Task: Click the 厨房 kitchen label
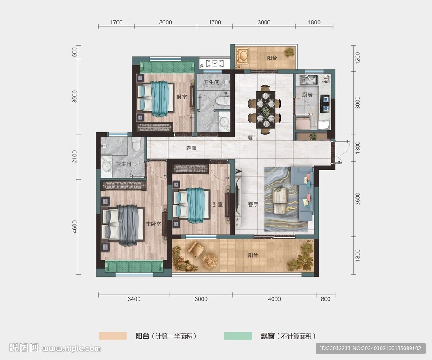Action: pyautogui.click(x=307, y=95)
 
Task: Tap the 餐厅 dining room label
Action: pyautogui.click(x=253, y=137)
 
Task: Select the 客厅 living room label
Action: pyautogui.click(x=253, y=204)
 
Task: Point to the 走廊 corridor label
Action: pyautogui.click(x=191, y=148)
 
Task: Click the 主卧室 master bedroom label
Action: pyautogui.click(x=154, y=224)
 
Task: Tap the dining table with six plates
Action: pyautogui.click(x=266, y=110)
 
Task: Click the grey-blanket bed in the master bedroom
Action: pyautogui.click(x=123, y=225)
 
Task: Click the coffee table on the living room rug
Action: pyautogui.click(x=280, y=200)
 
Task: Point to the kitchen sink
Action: pyautogui.click(x=308, y=80)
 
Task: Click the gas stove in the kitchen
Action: pyautogui.click(x=325, y=104)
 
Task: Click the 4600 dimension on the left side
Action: pyautogui.click(x=74, y=227)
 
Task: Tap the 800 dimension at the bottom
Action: pyautogui.click(x=325, y=299)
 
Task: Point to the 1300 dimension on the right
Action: pyautogui.click(x=357, y=148)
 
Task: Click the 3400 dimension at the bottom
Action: pyautogui.click(x=134, y=299)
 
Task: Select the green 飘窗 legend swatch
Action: pyautogui.click(x=238, y=336)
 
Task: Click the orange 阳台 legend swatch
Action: pyautogui.click(x=113, y=336)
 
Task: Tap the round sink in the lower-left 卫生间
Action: pyautogui.click(x=106, y=167)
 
